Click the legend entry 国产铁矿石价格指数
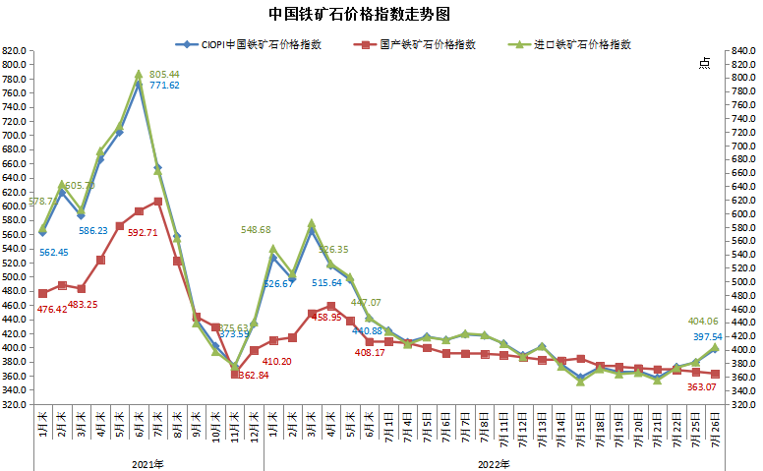[428, 44]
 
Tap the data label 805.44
[164, 75]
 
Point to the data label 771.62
[164, 87]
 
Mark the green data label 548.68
[261, 230]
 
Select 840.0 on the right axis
[741, 51]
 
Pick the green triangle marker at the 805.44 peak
[139, 74]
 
